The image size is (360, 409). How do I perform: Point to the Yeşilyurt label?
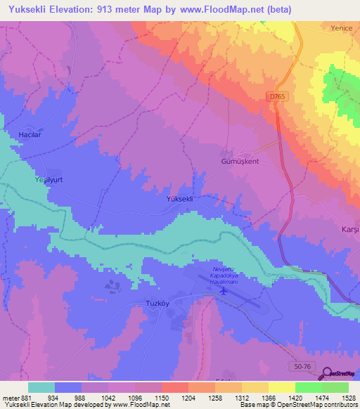click(50, 180)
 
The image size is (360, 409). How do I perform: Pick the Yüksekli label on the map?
click(179, 199)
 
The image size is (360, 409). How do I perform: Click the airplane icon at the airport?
click(224, 290)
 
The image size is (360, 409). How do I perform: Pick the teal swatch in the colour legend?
click(41, 387)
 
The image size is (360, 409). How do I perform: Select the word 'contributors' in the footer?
click(340, 405)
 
